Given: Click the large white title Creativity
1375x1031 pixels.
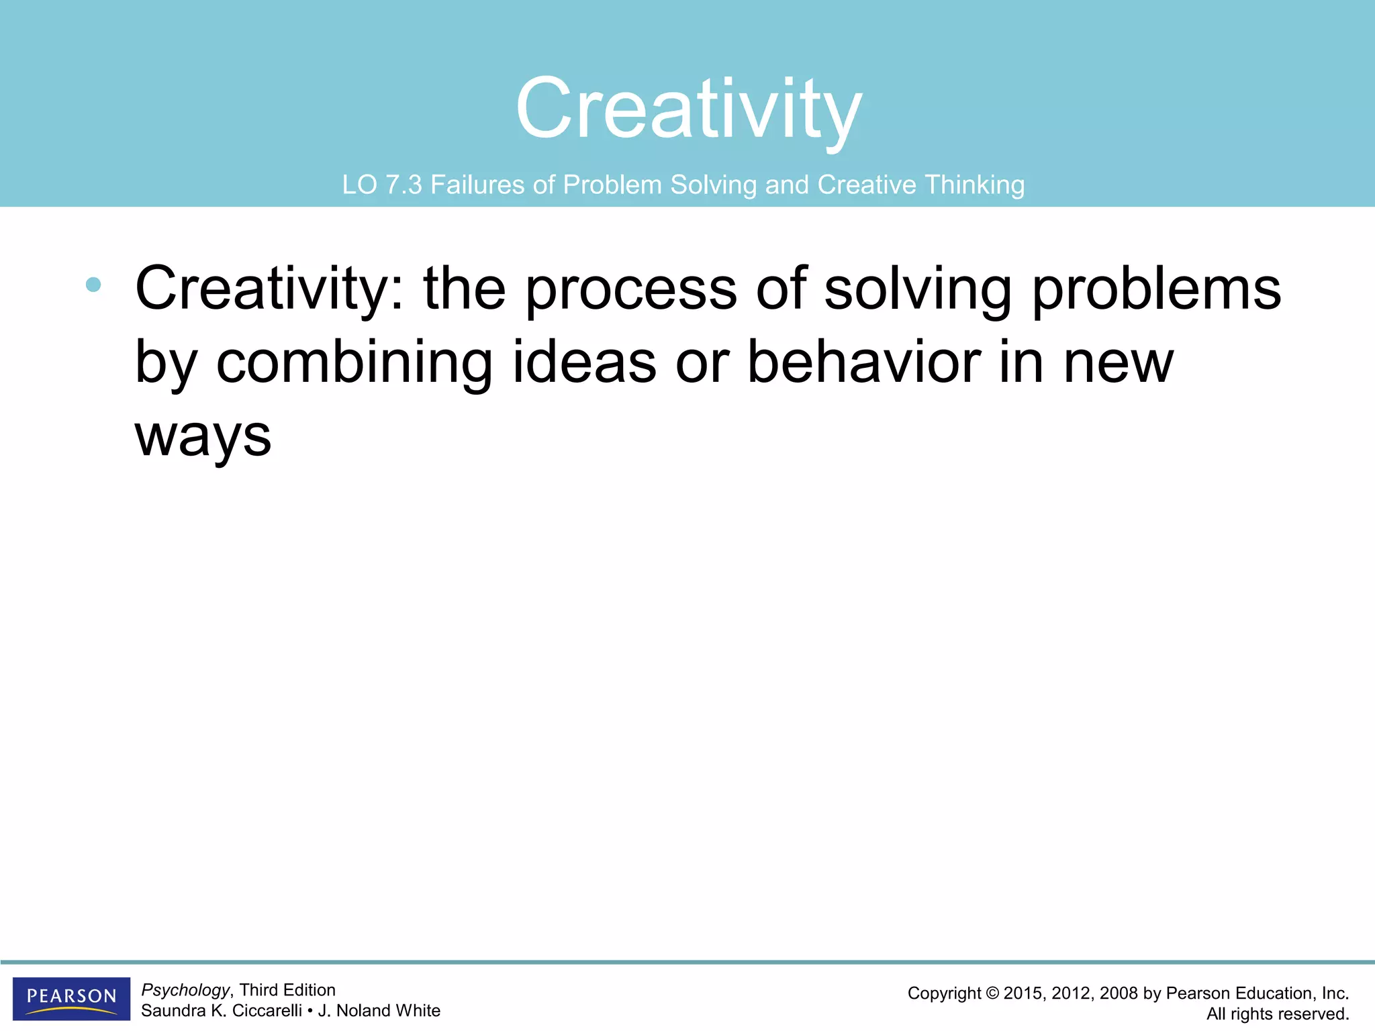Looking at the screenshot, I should (688, 109).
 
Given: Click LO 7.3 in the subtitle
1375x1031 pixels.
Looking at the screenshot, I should (381, 185).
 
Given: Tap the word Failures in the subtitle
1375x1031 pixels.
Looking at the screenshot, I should (477, 185).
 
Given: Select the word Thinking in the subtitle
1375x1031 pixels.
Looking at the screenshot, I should (974, 185).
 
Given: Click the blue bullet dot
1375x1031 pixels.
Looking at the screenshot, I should (93, 285).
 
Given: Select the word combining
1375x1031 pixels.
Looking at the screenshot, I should (354, 362).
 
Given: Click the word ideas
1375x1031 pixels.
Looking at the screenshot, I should (584, 362).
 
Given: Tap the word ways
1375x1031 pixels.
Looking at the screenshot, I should (203, 436).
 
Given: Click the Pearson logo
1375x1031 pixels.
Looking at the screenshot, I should (71, 997).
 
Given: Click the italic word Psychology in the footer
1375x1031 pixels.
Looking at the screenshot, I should (185, 990).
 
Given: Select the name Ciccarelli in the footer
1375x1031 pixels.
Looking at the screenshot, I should (267, 1011).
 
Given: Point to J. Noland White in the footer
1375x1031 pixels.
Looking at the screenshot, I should (379, 1011).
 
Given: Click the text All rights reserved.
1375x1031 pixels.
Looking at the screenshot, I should (1277, 1014).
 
